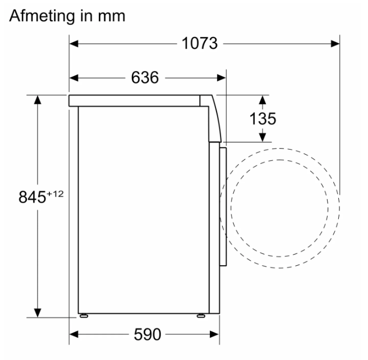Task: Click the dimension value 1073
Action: tap(200, 43)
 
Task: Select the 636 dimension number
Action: tap(145, 77)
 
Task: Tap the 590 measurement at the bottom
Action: tap(148, 334)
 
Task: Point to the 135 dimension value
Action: tap(263, 119)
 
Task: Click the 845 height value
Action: tap(32, 197)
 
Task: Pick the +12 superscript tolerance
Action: tap(55, 194)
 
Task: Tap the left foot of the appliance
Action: tap(84, 316)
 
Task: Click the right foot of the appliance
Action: tap(201, 316)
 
